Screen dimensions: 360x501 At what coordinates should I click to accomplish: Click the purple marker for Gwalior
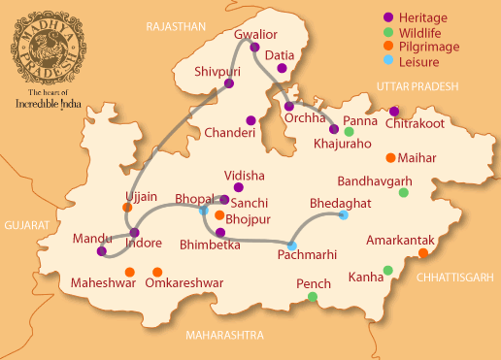255,47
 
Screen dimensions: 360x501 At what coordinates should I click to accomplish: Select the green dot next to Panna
349,132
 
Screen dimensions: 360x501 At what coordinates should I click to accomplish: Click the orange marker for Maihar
390,157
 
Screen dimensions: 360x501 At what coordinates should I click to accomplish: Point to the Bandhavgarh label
375,181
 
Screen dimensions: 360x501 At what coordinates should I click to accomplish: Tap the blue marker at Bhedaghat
343,215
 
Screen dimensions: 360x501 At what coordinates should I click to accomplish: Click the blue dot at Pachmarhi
292,245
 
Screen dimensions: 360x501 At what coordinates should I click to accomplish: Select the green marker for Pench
313,296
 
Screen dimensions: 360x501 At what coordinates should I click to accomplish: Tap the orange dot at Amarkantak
422,253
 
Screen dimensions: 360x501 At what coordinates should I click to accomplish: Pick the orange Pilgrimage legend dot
386,46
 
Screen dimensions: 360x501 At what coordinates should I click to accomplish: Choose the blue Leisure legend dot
386,60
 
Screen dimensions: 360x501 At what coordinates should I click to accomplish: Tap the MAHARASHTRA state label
223,335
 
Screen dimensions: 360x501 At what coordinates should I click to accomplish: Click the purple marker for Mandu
101,251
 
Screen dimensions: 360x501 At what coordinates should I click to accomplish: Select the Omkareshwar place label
184,283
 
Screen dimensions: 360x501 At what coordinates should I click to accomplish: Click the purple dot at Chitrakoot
394,111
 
